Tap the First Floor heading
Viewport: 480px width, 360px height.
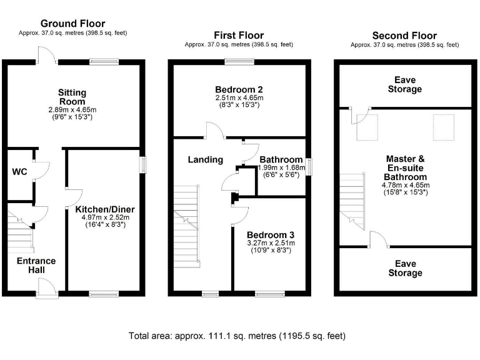[239, 35]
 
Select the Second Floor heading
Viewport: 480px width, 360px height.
[404, 35]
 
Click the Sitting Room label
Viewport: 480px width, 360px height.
[72, 97]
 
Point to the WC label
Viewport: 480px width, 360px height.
[19, 171]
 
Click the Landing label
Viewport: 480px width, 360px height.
[206, 159]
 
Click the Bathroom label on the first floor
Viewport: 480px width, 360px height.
[281, 159]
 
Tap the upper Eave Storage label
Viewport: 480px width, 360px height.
[404, 84]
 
